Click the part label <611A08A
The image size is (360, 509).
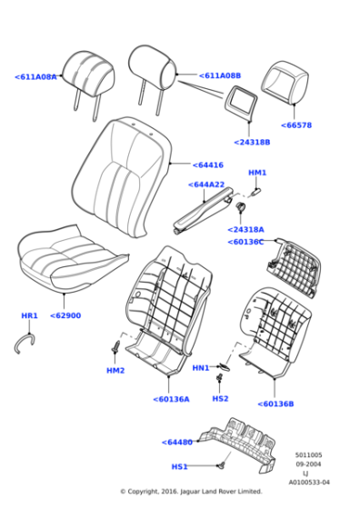pyautogui.click(x=35, y=77)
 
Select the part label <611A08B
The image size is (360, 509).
pyautogui.click(x=220, y=76)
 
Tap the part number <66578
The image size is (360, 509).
pyautogui.click(x=295, y=125)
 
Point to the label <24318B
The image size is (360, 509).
pyautogui.click(x=252, y=143)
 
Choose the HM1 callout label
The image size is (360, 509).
pyautogui.click(x=257, y=173)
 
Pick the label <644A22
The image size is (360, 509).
pyautogui.click(x=206, y=185)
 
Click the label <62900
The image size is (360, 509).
pyautogui.click(x=65, y=315)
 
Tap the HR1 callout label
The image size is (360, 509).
pyautogui.click(x=29, y=316)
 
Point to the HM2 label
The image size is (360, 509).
pyautogui.click(x=115, y=371)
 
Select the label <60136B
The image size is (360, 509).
pyautogui.click(x=275, y=404)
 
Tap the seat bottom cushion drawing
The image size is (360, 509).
pyautogui.click(x=64, y=259)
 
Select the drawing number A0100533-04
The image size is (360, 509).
pyautogui.click(x=309, y=483)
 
